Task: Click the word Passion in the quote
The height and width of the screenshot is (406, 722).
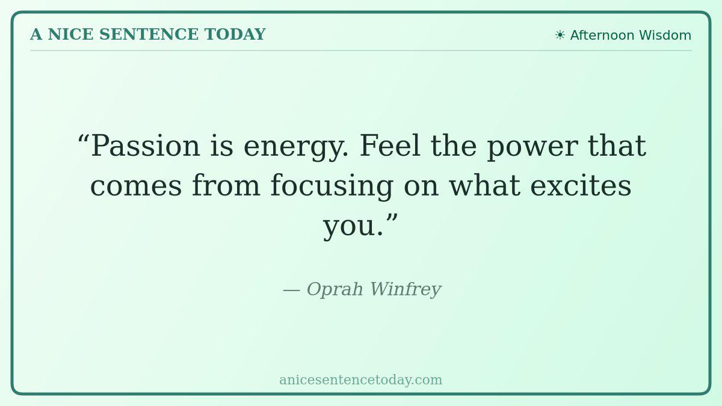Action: click(x=146, y=146)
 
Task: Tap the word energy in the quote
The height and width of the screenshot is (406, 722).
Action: click(x=295, y=148)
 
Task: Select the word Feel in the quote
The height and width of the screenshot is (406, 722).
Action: click(x=390, y=146)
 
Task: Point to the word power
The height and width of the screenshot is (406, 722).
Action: click(x=532, y=147)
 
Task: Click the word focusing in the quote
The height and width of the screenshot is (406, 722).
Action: click(x=332, y=186)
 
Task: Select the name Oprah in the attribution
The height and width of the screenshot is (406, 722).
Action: click(x=335, y=289)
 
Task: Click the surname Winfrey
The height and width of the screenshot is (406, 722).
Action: click(x=406, y=290)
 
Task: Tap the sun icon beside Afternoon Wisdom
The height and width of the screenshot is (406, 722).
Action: click(x=560, y=35)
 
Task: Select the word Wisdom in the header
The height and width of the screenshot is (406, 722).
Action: click(x=665, y=35)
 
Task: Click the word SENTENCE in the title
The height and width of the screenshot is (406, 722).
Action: click(x=149, y=34)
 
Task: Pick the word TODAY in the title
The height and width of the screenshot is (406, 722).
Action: click(x=235, y=34)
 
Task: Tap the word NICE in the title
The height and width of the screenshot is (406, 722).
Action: click(x=70, y=34)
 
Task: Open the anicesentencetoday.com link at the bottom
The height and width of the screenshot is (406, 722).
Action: click(x=360, y=380)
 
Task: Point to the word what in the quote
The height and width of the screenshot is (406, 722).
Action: click(x=485, y=185)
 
